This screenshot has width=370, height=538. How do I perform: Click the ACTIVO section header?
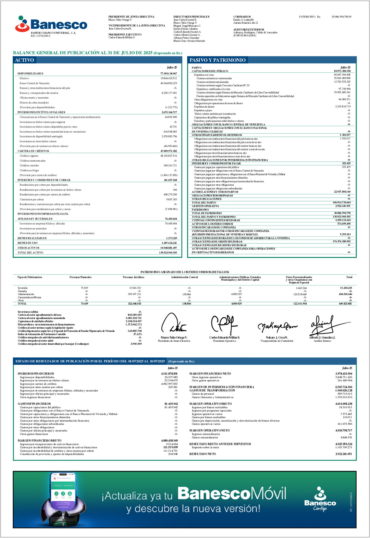[x=24, y=60]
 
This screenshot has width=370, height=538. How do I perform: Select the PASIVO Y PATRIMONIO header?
[x=218, y=60]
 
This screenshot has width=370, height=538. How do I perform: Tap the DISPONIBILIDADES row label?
[x=30, y=74]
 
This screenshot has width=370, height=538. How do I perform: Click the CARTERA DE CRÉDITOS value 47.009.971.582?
[x=169, y=151]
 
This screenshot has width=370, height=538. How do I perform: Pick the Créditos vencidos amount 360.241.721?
[x=170, y=166]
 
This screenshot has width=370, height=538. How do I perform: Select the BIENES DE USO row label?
[x=28, y=243]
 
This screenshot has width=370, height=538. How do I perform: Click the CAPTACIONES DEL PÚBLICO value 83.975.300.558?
[x=342, y=71]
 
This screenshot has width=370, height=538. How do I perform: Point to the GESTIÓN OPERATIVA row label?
[x=205, y=206]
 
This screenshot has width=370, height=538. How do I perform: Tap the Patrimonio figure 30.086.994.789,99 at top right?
[x=341, y=16]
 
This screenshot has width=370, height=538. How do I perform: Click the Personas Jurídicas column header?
[x=134, y=277]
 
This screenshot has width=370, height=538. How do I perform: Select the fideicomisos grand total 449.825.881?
[x=345, y=304]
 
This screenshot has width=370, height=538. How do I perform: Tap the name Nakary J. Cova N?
[x=277, y=338]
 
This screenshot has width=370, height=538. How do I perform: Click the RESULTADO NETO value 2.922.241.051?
[x=343, y=454]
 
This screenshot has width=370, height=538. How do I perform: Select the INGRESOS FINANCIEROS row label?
[x=36, y=374]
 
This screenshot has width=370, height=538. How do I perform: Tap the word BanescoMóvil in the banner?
[x=232, y=494]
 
